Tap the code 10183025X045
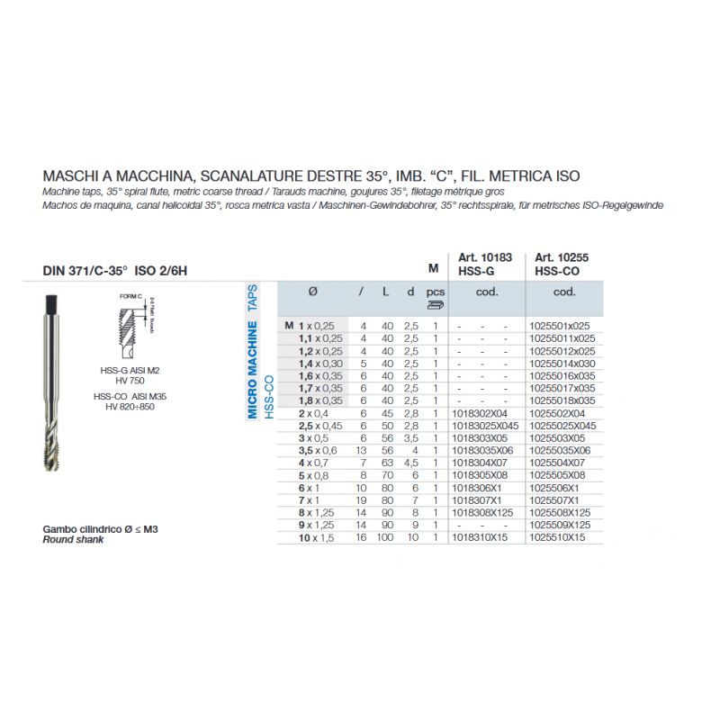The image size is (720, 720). [x=485, y=425]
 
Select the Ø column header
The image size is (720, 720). [x=312, y=292]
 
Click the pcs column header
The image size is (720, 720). [x=436, y=292]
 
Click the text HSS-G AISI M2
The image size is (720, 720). [x=130, y=371]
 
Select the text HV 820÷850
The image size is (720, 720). [x=130, y=406]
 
